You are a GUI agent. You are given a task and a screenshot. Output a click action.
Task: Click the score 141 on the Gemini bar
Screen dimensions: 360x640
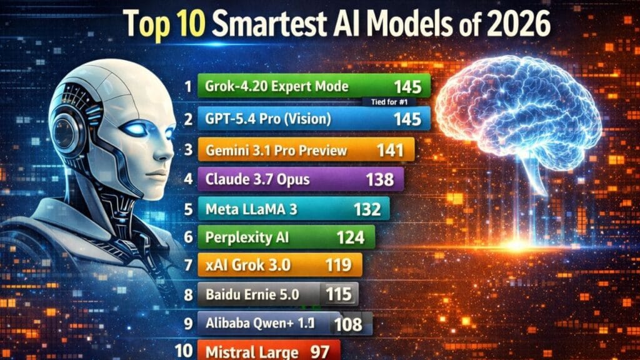(x=391, y=150)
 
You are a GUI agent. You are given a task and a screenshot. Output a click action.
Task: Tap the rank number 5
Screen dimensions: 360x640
(x=188, y=209)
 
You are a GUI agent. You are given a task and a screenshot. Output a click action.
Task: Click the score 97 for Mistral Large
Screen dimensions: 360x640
(x=319, y=351)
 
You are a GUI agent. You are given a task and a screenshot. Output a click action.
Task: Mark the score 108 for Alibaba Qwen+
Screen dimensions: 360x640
(x=347, y=323)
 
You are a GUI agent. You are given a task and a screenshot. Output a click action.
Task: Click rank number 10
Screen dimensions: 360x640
(x=184, y=351)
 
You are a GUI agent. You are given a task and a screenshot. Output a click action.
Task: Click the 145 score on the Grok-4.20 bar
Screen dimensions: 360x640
(x=407, y=86)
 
